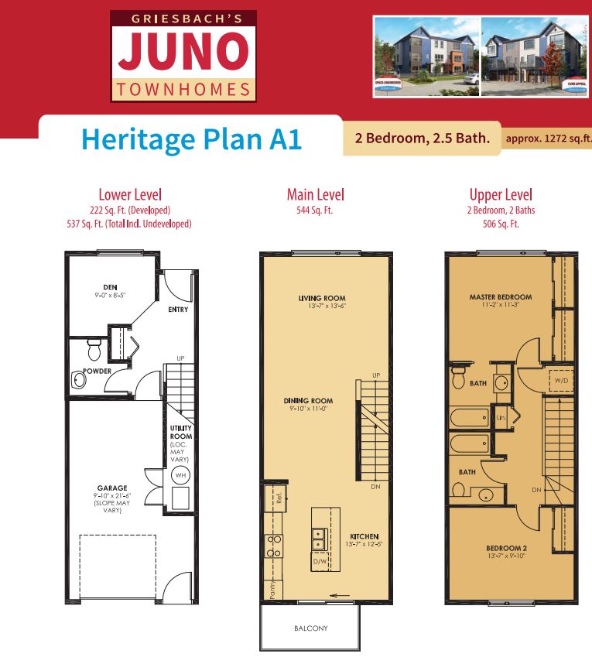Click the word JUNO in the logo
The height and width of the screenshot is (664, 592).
pyautogui.click(x=183, y=52)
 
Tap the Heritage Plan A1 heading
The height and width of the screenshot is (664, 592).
pyautogui.click(x=191, y=139)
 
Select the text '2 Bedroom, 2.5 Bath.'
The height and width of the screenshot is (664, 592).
pyautogui.click(x=423, y=139)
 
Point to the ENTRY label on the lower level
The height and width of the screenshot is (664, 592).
pyautogui.click(x=178, y=310)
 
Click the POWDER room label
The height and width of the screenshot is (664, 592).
pyautogui.click(x=98, y=371)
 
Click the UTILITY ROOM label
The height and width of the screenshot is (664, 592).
pyautogui.click(x=181, y=432)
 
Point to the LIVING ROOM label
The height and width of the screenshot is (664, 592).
pyautogui.click(x=322, y=298)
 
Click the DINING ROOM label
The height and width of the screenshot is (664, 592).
pyautogui.click(x=308, y=401)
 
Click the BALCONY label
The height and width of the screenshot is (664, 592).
pyautogui.click(x=310, y=628)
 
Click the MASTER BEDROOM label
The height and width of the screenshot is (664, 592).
pyautogui.click(x=501, y=297)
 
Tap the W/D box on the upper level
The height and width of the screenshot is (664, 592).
pyautogui.click(x=559, y=381)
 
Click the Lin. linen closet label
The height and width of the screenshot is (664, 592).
pyautogui.click(x=501, y=418)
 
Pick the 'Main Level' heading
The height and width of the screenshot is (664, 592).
pyautogui.click(x=316, y=195)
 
